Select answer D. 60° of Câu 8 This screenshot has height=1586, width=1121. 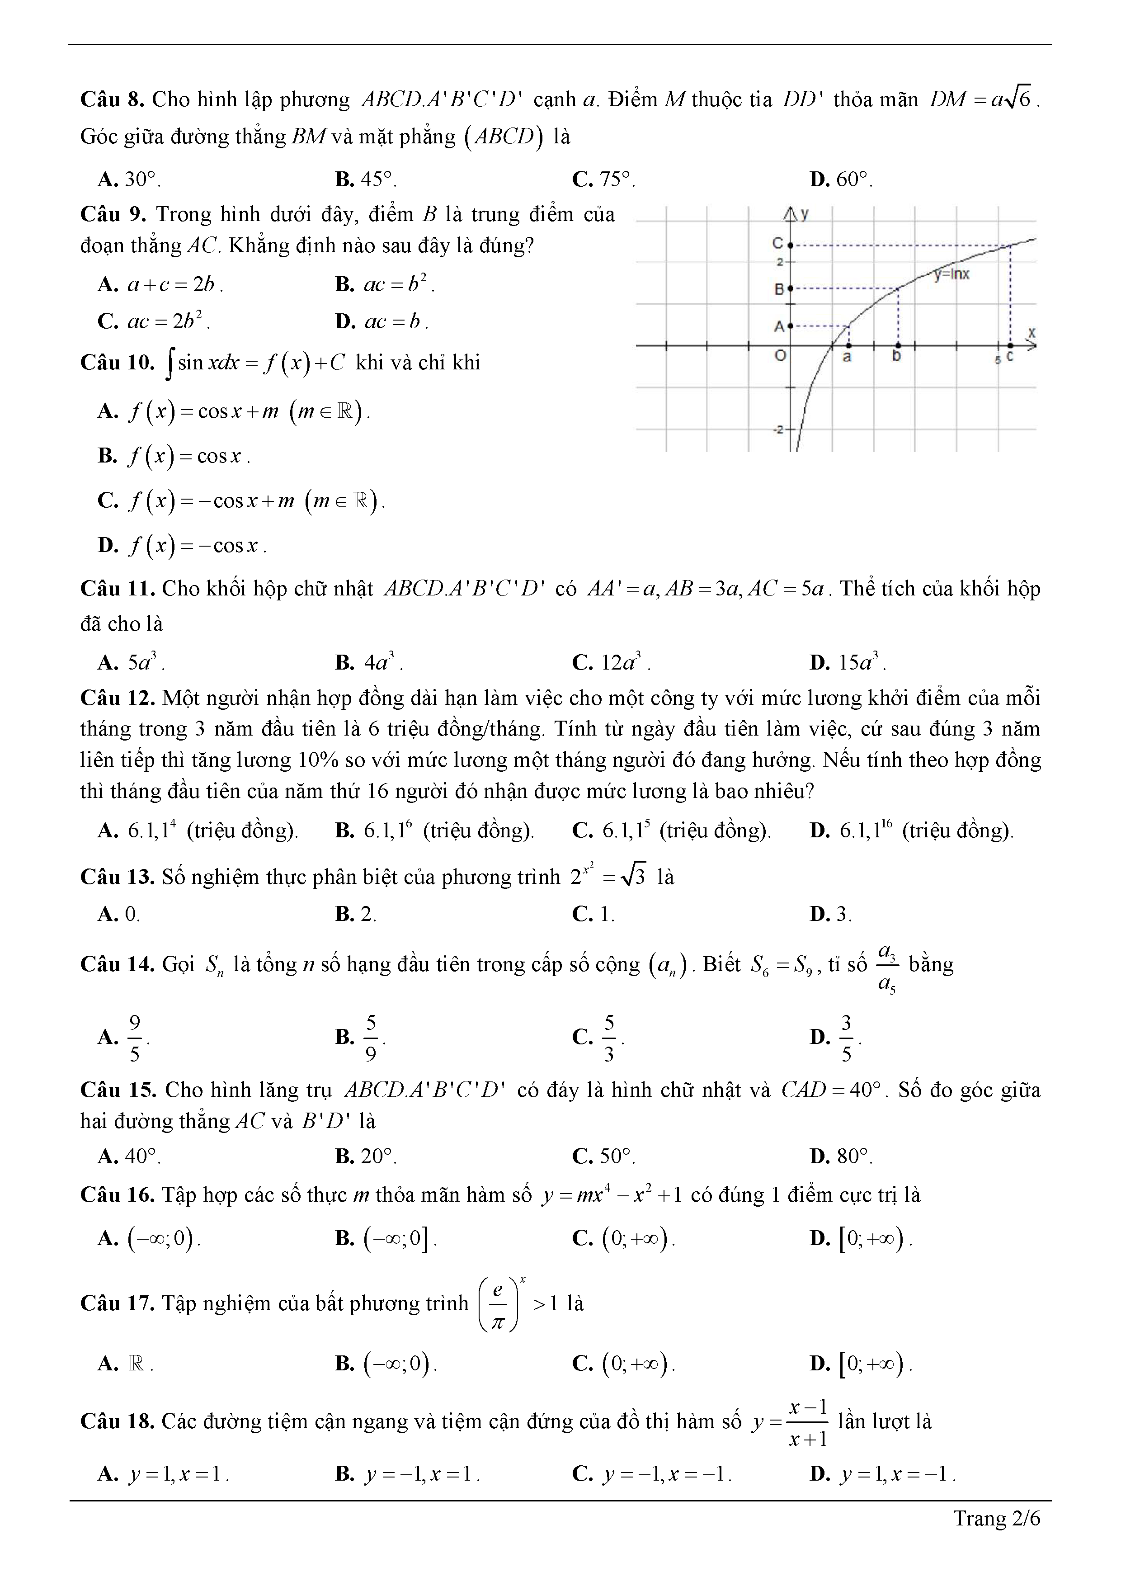click(x=841, y=179)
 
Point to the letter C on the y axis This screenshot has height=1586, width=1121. click(x=778, y=243)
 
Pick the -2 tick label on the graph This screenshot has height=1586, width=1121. click(x=778, y=430)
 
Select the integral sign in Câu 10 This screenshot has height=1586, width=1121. click(x=170, y=364)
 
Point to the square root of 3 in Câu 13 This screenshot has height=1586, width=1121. click(x=633, y=877)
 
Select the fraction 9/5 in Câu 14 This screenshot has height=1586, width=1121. click(x=135, y=1038)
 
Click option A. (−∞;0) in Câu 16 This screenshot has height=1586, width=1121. click(x=149, y=1238)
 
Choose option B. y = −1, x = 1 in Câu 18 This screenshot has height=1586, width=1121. click(x=408, y=1474)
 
